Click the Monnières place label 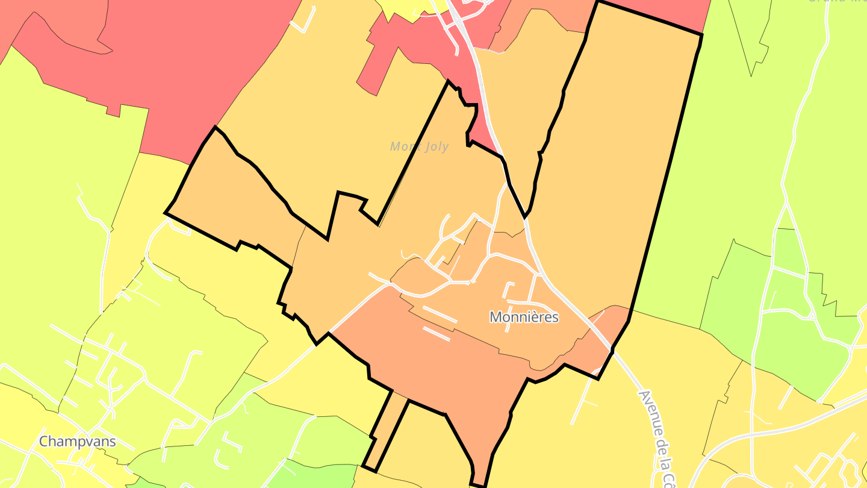tap(524, 317)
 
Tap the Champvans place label tap(77, 442)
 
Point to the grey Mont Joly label tap(419, 146)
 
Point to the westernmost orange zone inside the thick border tap(235, 193)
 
